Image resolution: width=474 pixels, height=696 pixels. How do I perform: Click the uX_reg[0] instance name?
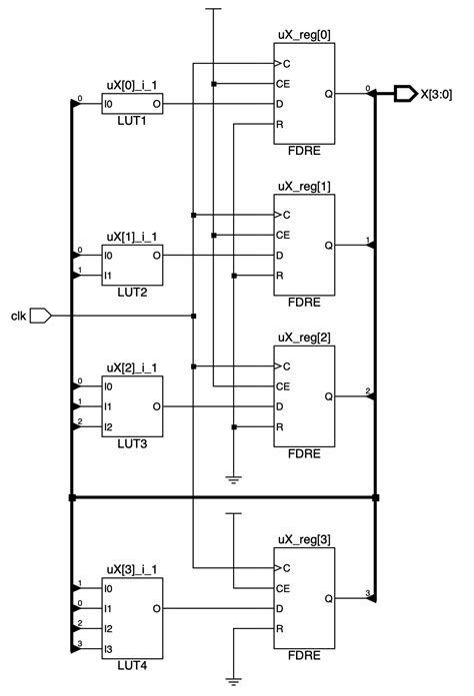[305, 36]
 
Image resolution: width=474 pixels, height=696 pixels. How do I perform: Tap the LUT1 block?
[133, 103]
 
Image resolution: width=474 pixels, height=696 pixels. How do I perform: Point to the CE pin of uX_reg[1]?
[283, 235]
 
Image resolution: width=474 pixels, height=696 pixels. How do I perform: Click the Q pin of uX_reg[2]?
[329, 395]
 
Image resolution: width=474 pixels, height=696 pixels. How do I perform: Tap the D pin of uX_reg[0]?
[281, 104]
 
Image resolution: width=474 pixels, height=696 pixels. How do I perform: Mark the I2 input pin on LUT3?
[109, 427]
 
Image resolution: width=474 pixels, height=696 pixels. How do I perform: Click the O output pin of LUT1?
[155, 103]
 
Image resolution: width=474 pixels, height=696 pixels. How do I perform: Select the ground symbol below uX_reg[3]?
[233, 681]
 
